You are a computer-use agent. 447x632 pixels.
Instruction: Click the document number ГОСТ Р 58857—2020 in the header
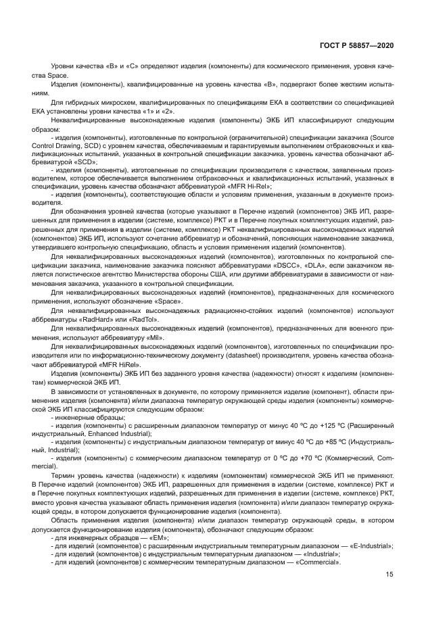pos(356,45)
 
